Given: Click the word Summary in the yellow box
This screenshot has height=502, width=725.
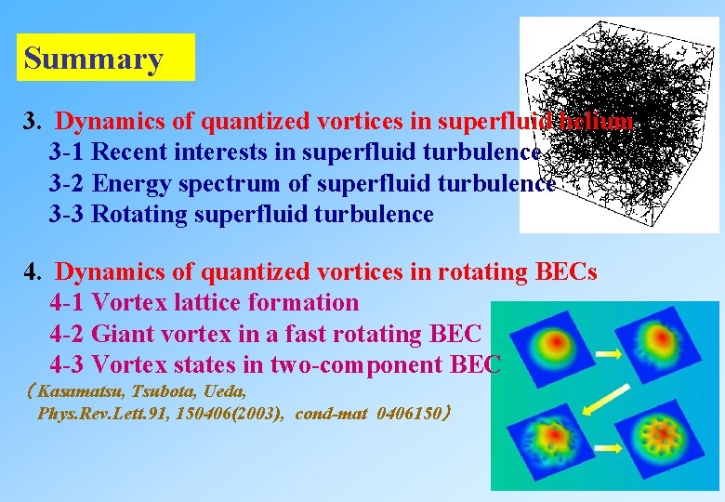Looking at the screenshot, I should click(x=93, y=59).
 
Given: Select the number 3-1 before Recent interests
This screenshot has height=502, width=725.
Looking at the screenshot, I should click(x=68, y=152).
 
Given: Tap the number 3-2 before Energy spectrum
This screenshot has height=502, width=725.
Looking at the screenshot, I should click(x=68, y=183).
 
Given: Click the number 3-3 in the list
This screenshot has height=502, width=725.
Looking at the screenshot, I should click(x=68, y=215).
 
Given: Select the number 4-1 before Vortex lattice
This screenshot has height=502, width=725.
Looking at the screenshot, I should click(x=68, y=303).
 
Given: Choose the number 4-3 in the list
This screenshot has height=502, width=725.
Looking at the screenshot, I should click(x=68, y=364).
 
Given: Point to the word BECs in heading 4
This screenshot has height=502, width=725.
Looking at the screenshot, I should click(x=567, y=272).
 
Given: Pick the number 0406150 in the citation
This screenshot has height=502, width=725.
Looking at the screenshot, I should click(x=411, y=414).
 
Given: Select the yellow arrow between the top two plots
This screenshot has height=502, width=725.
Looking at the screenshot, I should click(x=605, y=353).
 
